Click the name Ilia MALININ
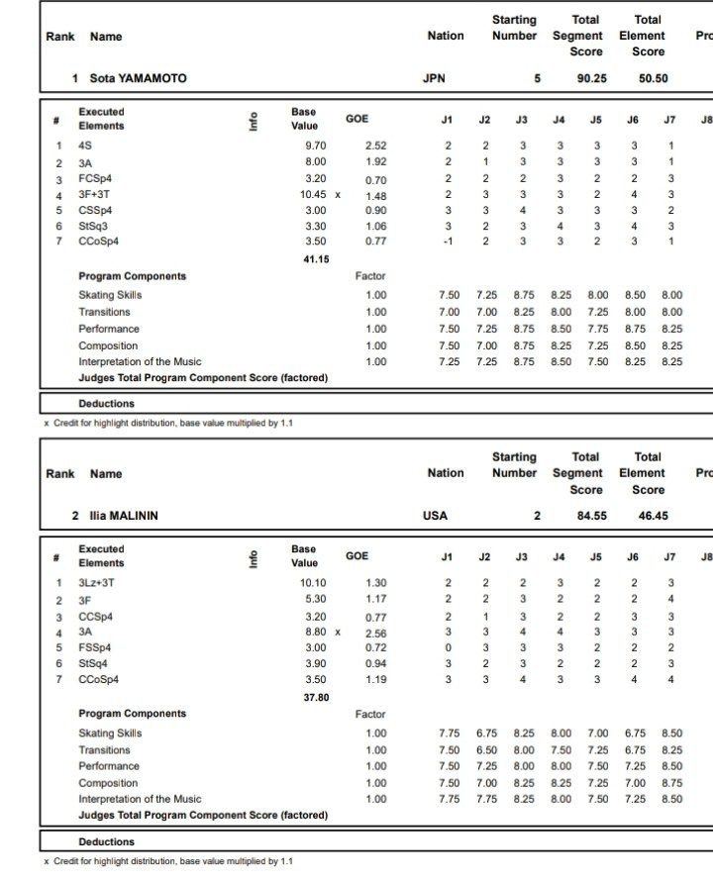tap(124, 516)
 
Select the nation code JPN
tap(434, 78)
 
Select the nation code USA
tap(435, 516)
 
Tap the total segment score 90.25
tap(592, 78)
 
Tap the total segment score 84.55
tap(592, 516)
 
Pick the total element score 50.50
tap(654, 78)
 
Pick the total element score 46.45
tap(654, 516)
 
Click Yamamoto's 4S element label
tap(85, 146)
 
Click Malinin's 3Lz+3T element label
tap(96, 583)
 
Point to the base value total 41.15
tap(316, 259)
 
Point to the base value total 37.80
tap(316, 697)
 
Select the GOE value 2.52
tap(376, 146)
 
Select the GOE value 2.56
tap(376, 633)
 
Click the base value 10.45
tap(313, 195)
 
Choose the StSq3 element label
tap(94, 226)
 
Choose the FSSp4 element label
tap(95, 647)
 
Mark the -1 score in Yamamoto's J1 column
tap(447, 241)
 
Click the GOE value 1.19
tap(376, 680)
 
